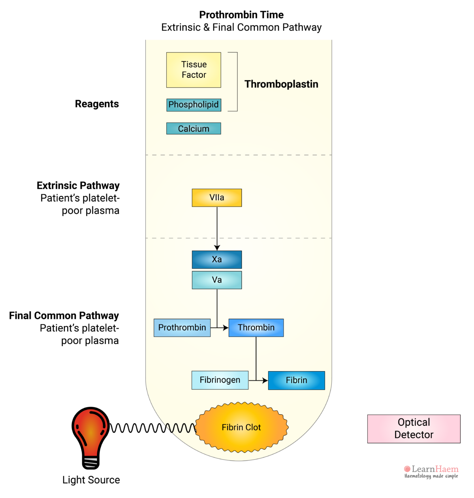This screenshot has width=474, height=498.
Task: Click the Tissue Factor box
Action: (194, 70)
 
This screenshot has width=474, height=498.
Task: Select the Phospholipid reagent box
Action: (194, 105)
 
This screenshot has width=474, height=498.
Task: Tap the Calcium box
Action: (194, 129)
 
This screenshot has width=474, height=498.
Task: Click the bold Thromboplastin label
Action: (281, 84)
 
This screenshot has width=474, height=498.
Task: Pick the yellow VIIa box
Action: (217, 197)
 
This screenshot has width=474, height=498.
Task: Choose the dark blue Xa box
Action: (217, 259)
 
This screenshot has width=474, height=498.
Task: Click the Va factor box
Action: (217, 280)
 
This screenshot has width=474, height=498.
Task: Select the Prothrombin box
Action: (182, 328)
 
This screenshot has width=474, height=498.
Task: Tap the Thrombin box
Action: (256, 328)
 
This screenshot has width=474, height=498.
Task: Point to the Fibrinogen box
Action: (220, 380)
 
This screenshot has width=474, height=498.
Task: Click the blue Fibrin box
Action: (296, 380)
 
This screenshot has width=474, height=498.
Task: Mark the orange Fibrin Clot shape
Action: (241, 427)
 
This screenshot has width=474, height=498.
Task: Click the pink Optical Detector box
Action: (414, 428)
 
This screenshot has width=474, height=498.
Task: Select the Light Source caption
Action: (91, 480)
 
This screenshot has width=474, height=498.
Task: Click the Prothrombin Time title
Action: (241, 15)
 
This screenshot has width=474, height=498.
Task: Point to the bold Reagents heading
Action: (97, 104)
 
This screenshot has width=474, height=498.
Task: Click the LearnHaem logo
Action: (431, 471)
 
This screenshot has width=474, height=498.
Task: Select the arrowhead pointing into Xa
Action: (217, 248)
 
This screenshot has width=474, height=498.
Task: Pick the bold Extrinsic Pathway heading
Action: (78, 186)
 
